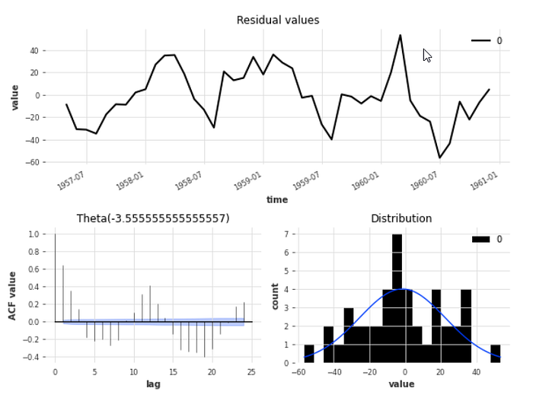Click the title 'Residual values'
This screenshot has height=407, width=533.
(278, 21)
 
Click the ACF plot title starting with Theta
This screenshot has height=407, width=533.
(153, 219)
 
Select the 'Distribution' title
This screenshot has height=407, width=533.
(401, 219)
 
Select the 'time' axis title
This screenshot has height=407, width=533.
(277, 200)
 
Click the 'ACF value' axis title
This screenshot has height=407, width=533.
(13, 294)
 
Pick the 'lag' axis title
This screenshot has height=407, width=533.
(153, 384)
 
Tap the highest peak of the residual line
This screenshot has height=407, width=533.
(400, 35)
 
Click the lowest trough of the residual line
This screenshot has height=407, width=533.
(439, 157)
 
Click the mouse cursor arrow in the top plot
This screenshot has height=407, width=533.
(426, 55)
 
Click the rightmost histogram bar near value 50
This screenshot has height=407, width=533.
(495, 354)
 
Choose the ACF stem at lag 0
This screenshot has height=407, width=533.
(55, 278)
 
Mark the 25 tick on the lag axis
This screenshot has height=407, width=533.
(252, 372)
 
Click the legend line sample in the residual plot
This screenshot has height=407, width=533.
(480, 40)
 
